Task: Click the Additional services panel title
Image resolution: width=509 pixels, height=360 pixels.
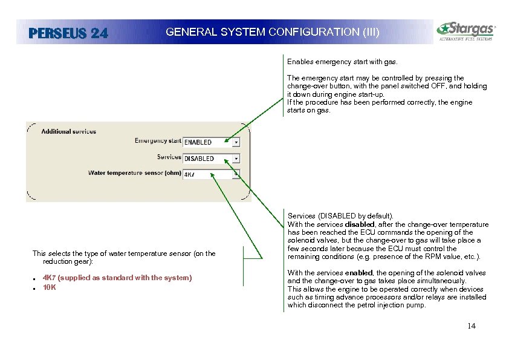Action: tap(68, 131)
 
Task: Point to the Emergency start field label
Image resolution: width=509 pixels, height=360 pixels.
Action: tap(158, 141)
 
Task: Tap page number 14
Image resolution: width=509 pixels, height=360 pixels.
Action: tap(472, 326)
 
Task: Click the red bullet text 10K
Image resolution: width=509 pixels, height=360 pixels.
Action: tap(50, 287)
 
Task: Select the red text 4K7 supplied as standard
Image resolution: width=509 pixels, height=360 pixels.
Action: tap(117, 278)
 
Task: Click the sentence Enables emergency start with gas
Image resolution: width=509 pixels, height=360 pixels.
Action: tap(342, 62)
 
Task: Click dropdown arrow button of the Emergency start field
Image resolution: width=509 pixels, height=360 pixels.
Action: tap(236, 142)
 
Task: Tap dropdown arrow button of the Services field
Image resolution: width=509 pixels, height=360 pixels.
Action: tap(236, 159)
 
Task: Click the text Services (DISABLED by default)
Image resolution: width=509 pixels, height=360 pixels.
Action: tap(340, 215)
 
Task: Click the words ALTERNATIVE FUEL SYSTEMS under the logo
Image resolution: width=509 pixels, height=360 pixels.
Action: tap(465, 39)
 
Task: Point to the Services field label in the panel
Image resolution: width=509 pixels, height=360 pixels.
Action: tap(169, 157)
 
